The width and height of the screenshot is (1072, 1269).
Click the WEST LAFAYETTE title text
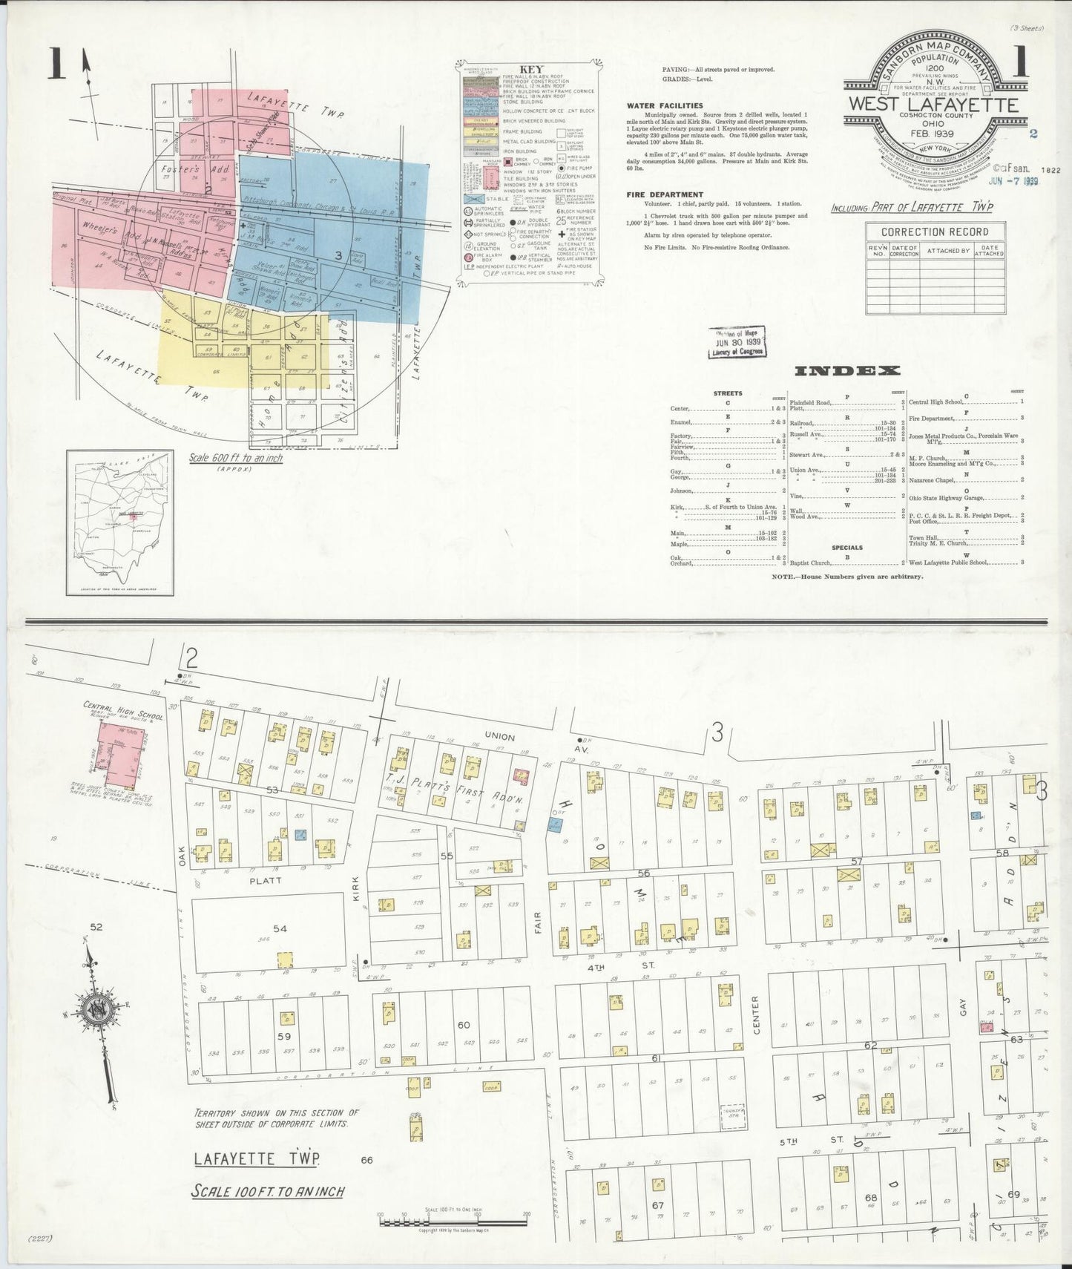933,105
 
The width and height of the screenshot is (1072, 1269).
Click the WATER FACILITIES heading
664,106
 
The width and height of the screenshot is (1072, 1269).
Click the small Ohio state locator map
119,523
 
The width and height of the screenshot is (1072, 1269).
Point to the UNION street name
499,735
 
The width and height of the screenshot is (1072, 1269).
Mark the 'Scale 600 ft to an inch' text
236,458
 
